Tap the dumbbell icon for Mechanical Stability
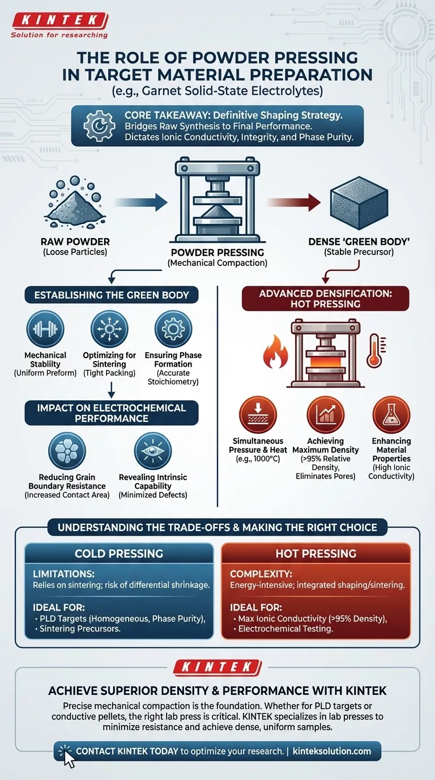[x=45, y=328]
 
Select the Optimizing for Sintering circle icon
[x=109, y=328]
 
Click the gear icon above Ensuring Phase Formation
[x=173, y=328]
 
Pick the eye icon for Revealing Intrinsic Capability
[x=152, y=451]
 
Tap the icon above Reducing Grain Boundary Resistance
[x=67, y=451]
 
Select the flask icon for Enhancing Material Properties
[x=391, y=415]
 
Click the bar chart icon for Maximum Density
[x=325, y=415]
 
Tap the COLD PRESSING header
[x=119, y=553]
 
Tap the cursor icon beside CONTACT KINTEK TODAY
[x=69, y=756]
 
